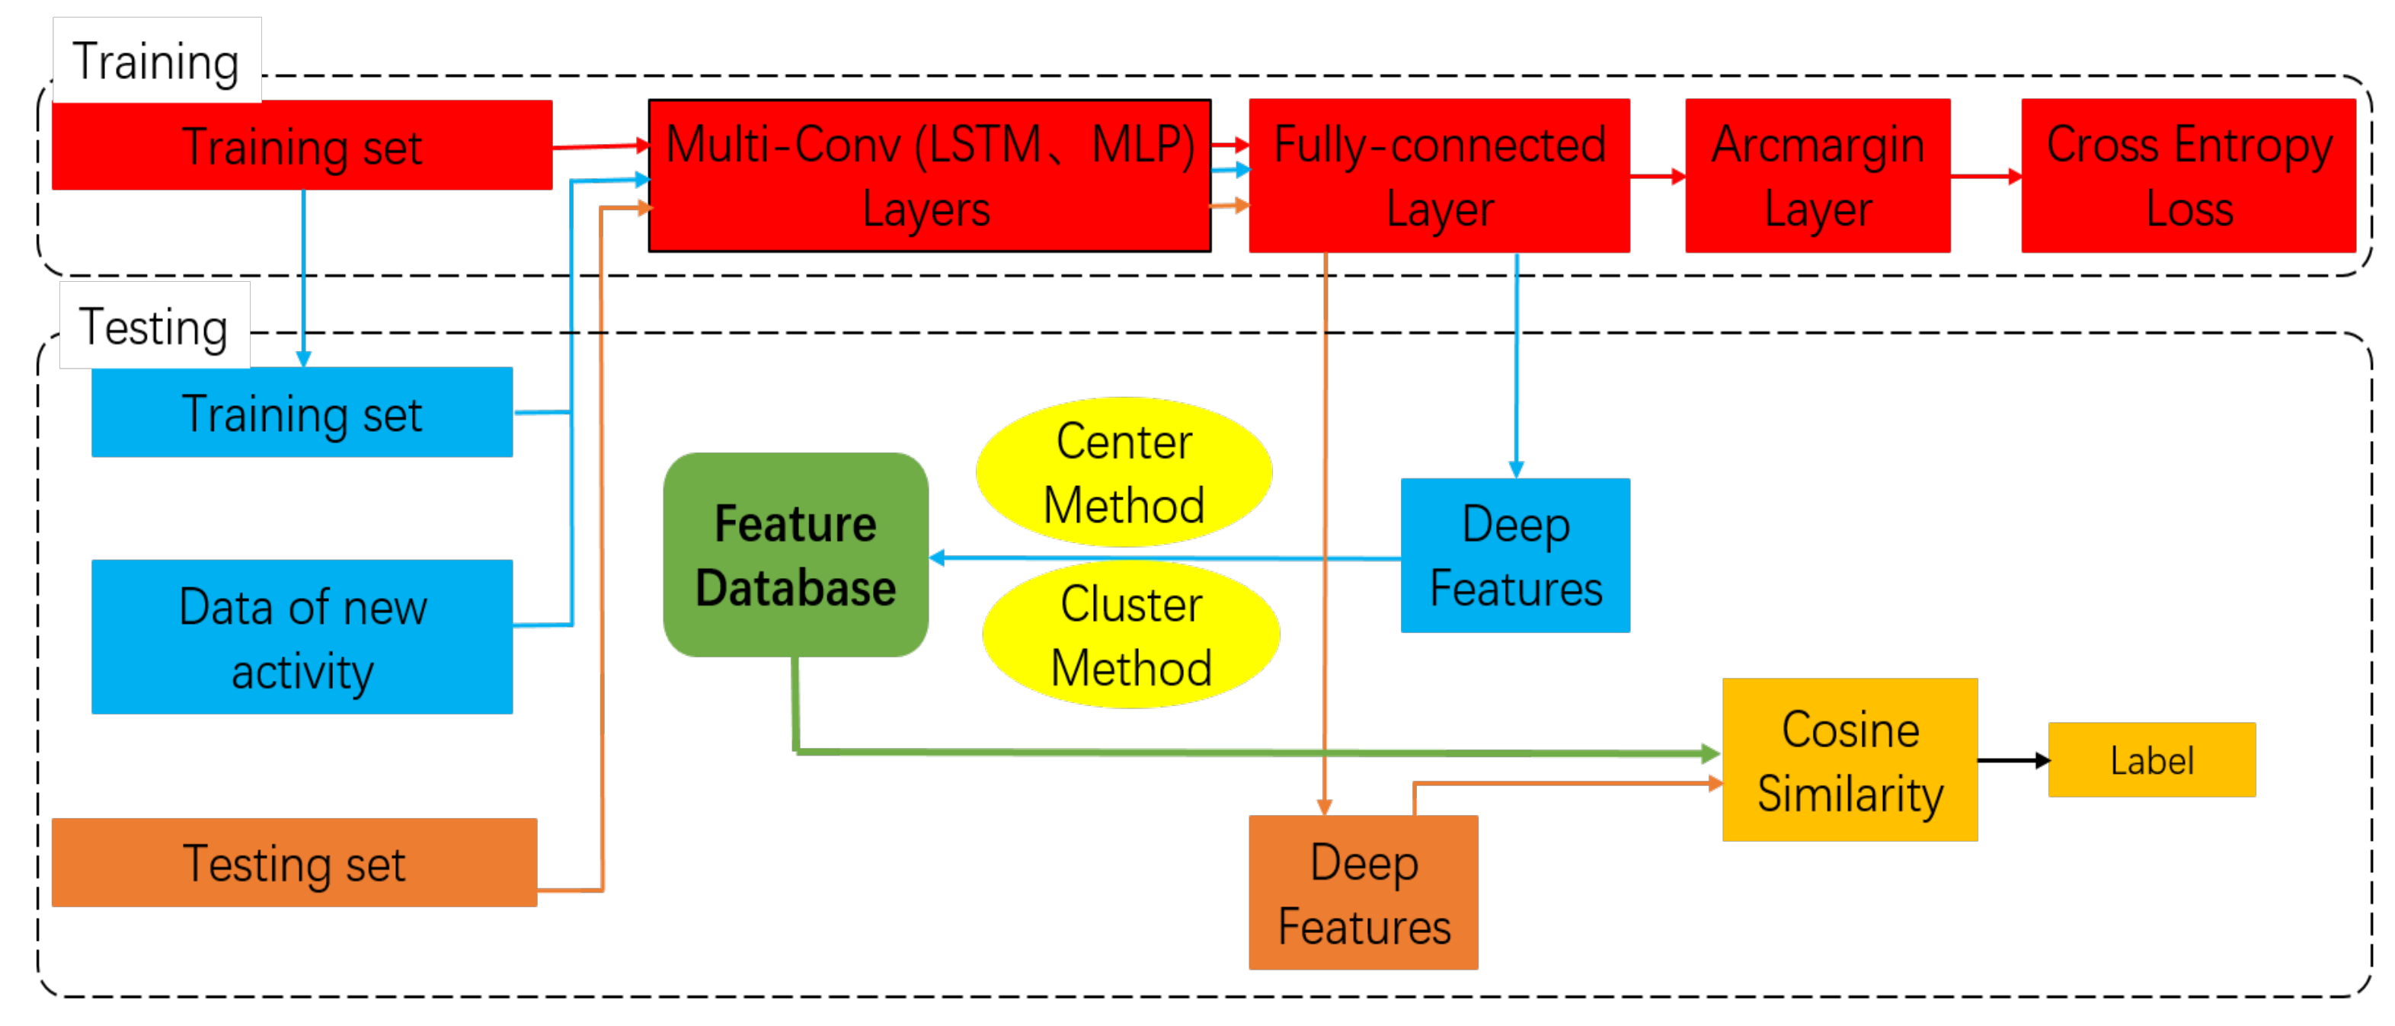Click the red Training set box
302,145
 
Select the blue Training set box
302,412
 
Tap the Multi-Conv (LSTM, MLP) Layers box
929,176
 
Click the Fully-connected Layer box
1439,176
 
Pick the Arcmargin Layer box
1818,176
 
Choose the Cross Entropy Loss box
2189,176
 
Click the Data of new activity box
302,637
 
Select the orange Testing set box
295,862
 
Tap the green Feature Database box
796,555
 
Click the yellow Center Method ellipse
1124,472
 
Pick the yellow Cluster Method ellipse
1131,634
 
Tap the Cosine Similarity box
1850,760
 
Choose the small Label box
2152,760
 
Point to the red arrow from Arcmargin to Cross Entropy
1987,176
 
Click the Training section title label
156,62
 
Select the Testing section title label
155,326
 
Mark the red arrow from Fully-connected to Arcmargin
1658,176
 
